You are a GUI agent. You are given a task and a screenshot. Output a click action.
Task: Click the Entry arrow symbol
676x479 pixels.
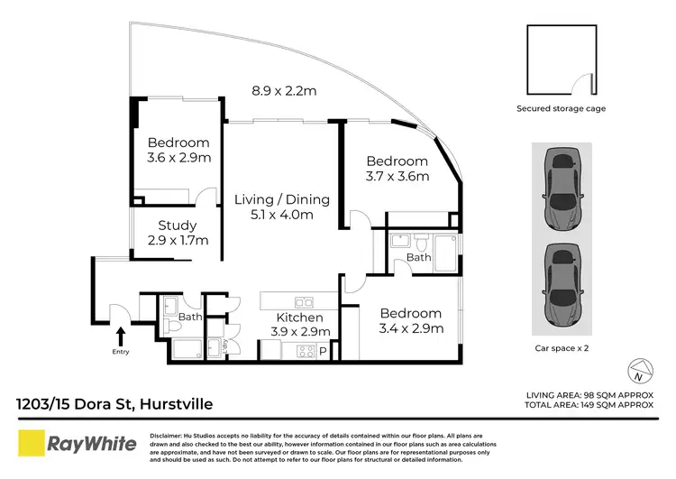pyautogui.click(x=118, y=338)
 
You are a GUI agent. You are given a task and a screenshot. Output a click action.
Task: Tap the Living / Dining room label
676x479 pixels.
pyautogui.click(x=281, y=199)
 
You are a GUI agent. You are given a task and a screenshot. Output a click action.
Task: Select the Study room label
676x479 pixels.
pyautogui.click(x=178, y=226)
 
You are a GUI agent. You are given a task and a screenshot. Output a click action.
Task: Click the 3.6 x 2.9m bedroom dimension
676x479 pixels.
pyautogui.click(x=178, y=158)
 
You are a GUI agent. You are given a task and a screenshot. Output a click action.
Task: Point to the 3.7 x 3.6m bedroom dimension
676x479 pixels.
pyautogui.click(x=397, y=176)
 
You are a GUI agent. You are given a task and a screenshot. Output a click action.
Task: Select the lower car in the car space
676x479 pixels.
pyautogui.click(x=564, y=287)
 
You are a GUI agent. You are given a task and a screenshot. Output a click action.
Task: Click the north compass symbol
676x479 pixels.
pyautogui.click(x=638, y=370)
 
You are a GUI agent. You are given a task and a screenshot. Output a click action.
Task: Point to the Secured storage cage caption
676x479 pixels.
pyautogui.click(x=560, y=108)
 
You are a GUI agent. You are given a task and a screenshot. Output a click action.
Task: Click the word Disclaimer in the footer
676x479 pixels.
pyautogui.click(x=166, y=434)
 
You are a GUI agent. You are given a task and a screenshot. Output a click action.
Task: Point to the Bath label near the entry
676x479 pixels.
pyautogui.click(x=189, y=317)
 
